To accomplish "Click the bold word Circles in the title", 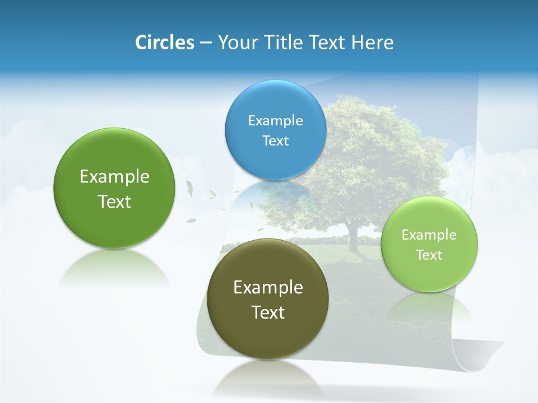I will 165,43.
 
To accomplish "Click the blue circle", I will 276,130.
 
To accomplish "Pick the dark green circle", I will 114,188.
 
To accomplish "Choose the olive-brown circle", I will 268,298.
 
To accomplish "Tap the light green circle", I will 429,244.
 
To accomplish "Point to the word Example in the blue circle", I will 276,120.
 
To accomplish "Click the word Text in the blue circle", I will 276,140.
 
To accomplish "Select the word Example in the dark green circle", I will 114,176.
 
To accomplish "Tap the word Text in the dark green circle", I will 114,201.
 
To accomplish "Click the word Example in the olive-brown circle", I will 268,287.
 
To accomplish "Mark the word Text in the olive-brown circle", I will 268,312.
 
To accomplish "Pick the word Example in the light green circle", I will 429,235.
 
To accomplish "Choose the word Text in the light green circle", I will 429,255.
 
